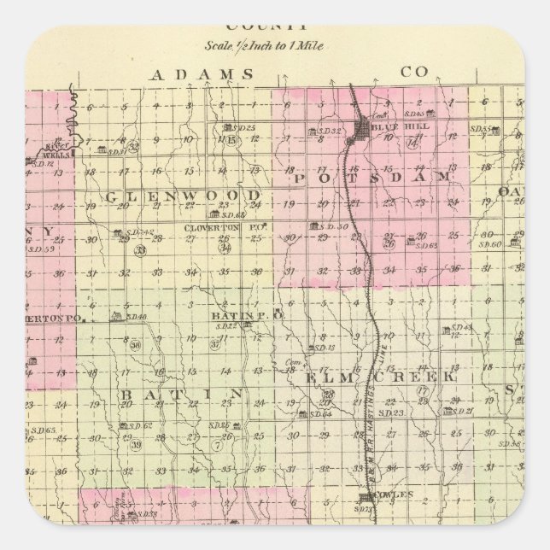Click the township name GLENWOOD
pos(183,196)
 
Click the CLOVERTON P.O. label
pos(215,229)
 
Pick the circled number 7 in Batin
pos(218,446)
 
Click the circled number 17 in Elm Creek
pos(421,391)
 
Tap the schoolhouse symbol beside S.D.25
pos(227,128)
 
